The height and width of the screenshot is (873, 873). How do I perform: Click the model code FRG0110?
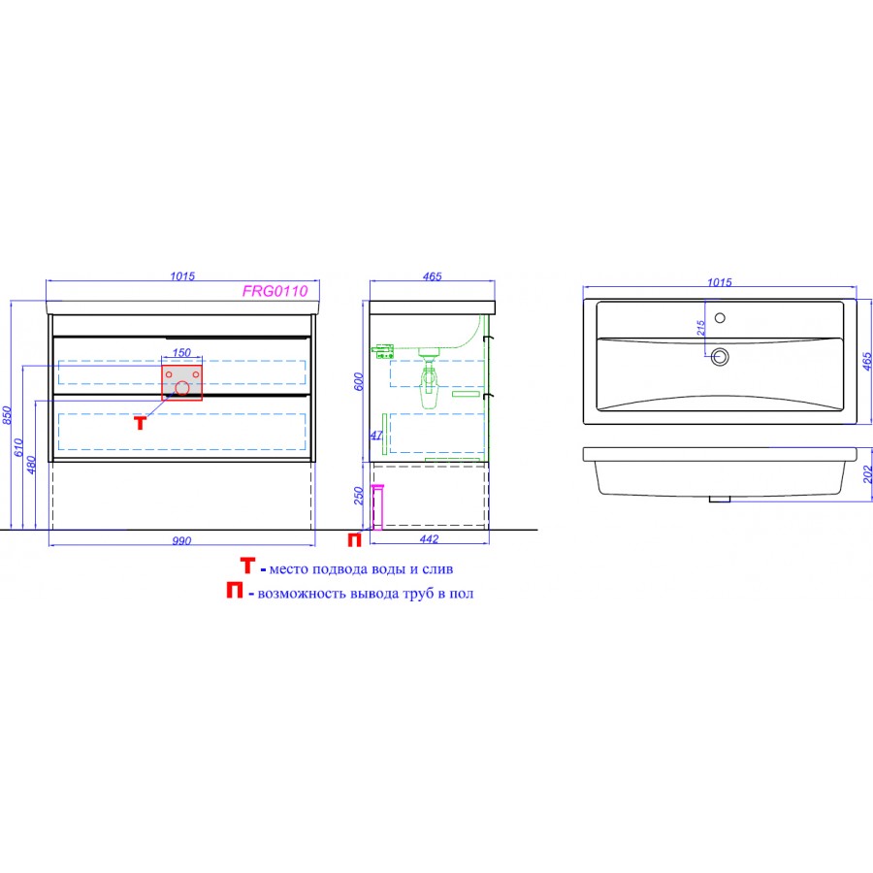(275, 291)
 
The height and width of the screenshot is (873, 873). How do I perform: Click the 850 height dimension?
(7, 415)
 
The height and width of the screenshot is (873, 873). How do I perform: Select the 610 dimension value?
(18, 447)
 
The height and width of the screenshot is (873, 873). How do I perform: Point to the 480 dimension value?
(31, 465)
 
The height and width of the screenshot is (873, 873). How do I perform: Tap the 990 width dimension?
(181, 540)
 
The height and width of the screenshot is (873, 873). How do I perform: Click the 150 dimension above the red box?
(181, 352)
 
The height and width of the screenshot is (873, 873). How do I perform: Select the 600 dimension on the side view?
(359, 381)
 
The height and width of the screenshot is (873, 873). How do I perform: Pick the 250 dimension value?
(359, 496)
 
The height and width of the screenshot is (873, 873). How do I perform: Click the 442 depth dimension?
(430, 539)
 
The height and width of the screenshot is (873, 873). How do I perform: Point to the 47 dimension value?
(376, 436)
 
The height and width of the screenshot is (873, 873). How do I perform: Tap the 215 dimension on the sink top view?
(701, 328)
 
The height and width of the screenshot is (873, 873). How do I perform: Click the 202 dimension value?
(867, 474)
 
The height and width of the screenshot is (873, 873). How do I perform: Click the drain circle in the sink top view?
(720, 356)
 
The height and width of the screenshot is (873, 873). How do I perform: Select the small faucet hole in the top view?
(720, 318)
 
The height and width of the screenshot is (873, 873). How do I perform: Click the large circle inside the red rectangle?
(182, 388)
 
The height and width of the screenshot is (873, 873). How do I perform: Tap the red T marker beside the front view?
(141, 423)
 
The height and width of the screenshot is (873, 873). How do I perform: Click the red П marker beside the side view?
(355, 539)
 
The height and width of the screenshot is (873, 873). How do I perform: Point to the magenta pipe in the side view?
(377, 507)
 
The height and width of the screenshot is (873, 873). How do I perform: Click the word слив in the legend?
(437, 569)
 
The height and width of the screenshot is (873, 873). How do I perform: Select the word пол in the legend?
(461, 594)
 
